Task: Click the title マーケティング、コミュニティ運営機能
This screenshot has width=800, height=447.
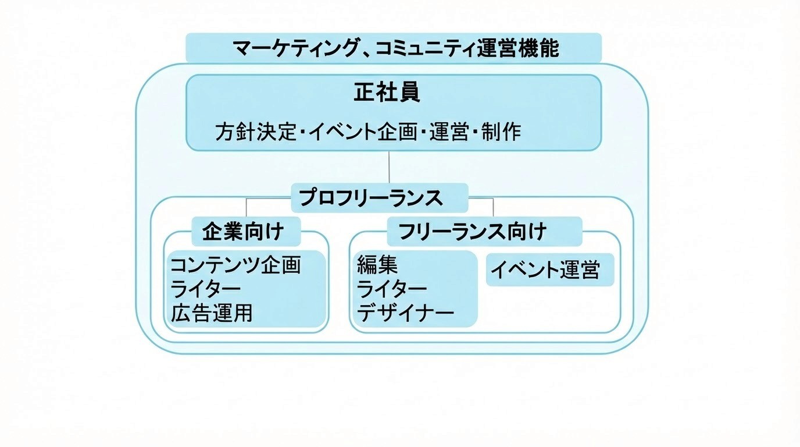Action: pyautogui.click(x=395, y=48)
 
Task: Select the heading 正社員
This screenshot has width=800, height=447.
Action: pyautogui.click(x=387, y=93)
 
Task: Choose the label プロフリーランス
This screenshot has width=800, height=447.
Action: pyautogui.click(x=371, y=198)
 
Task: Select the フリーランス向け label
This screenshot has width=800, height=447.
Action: pyautogui.click(x=472, y=232)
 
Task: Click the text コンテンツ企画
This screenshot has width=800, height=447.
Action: pyautogui.click(x=235, y=265)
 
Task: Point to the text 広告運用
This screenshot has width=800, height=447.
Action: pyautogui.click(x=212, y=313)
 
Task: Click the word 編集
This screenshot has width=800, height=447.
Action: pyautogui.click(x=377, y=265)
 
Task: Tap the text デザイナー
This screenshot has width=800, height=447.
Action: pyautogui.click(x=405, y=313)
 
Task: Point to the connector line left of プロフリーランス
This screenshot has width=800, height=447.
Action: pyautogui.click(x=269, y=199)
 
